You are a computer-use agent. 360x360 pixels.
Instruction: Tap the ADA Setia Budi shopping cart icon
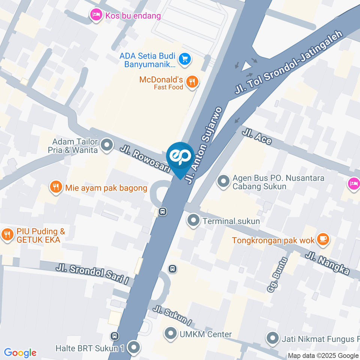point(184,59)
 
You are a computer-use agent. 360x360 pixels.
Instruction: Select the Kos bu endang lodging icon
point(96,15)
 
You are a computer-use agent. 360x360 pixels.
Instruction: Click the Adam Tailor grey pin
point(107,145)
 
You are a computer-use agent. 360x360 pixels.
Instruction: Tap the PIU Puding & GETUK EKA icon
point(7,235)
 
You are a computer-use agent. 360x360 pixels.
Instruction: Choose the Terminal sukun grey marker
point(194,220)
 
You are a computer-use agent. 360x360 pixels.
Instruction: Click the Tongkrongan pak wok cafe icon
point(322,238)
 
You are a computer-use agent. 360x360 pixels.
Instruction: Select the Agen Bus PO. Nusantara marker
point(223,181)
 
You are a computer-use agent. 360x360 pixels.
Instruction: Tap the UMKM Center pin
point(171,334)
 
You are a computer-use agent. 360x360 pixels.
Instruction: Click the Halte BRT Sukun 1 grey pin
point(133,348)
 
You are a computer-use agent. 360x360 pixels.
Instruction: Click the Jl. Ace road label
point(257,137)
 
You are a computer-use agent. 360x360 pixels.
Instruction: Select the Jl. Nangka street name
point(327,264)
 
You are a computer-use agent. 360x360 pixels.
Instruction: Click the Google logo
point(20,352)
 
